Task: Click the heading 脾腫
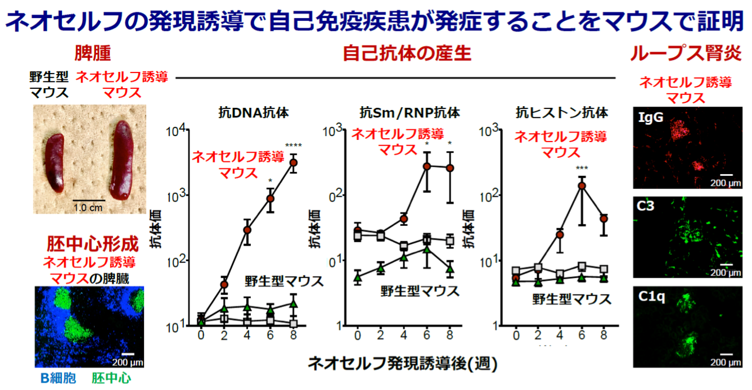(x=92, y=53)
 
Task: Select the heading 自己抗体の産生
(x=407, y=53)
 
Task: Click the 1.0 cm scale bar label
(x=88, y=208)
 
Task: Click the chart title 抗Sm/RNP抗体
(x=409, y=112)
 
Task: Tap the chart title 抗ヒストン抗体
(x=562, y=112)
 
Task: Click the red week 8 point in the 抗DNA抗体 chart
(x=293, y=162)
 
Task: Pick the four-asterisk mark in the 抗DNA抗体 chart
(x=293, y=147)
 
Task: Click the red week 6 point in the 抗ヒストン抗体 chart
(x=582, y=185)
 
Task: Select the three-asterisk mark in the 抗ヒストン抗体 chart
(x=582, y=168)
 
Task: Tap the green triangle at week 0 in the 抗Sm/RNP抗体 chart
(x=358, y=276)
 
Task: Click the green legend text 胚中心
(x=111, y=378)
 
